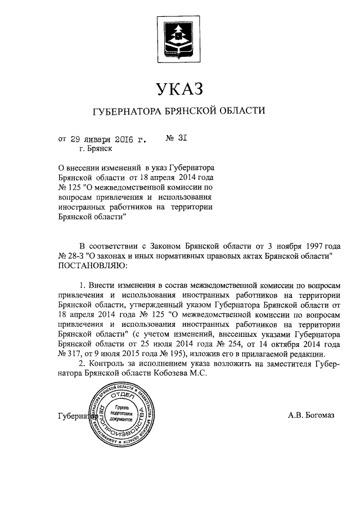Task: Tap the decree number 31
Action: [x=178, y=137]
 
